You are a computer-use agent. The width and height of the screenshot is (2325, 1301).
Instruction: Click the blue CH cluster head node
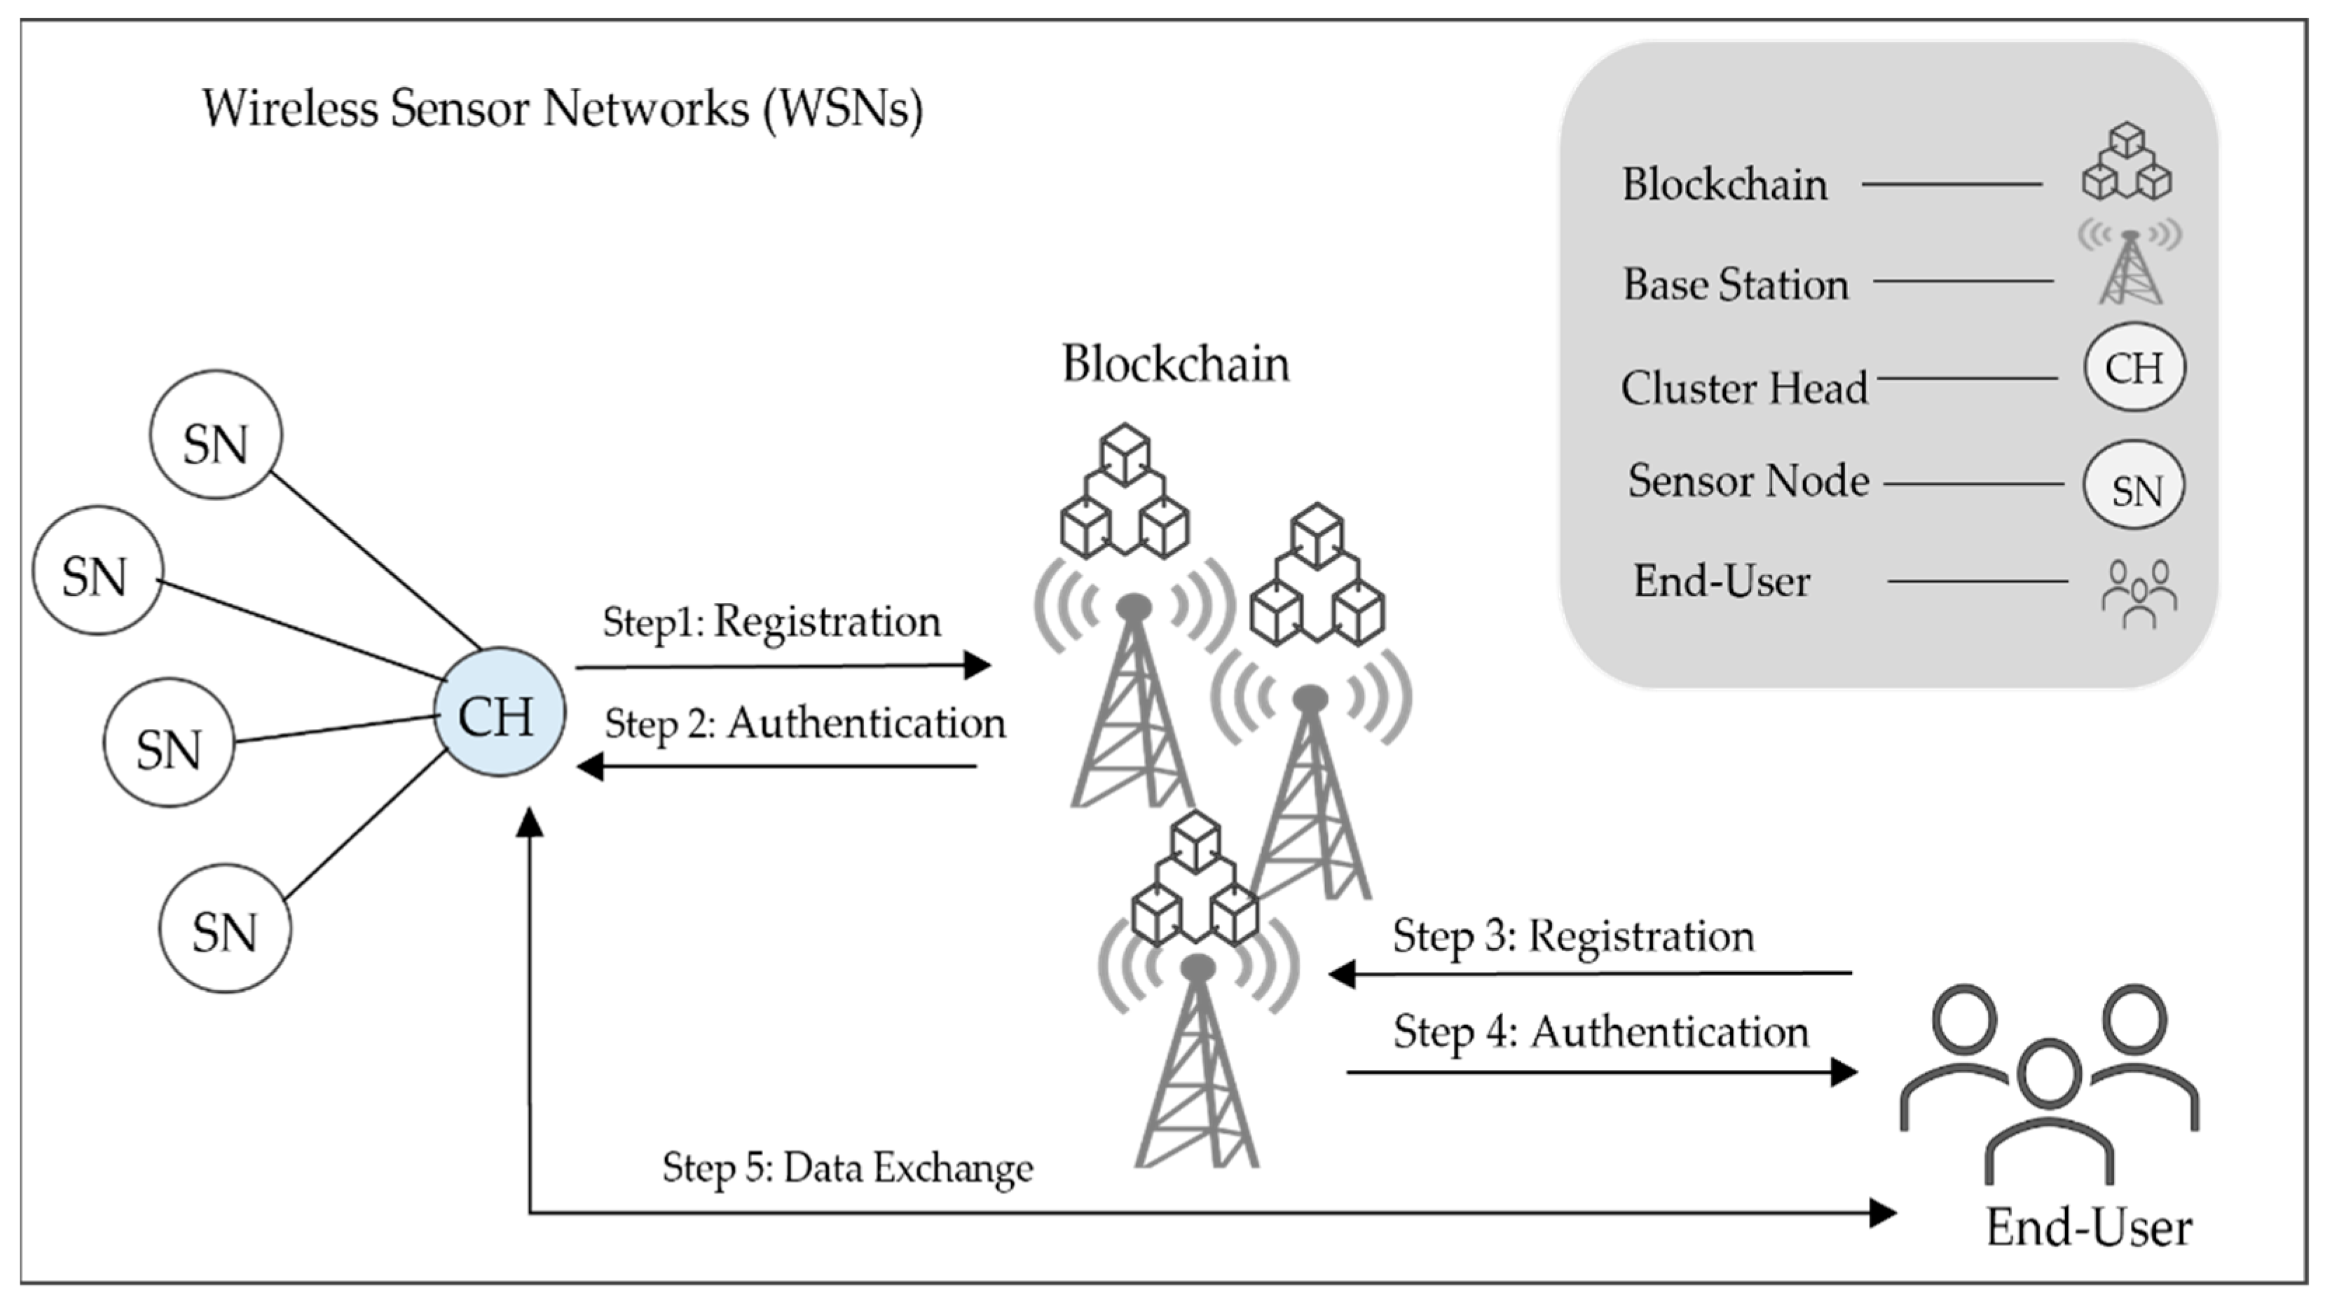tap(499, 713)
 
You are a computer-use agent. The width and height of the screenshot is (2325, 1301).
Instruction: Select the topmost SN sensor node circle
tap(216, 435)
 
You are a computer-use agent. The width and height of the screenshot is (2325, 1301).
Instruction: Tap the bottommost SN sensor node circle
tap(225, 929)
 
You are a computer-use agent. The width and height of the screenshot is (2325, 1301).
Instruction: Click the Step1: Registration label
tap(771, 622)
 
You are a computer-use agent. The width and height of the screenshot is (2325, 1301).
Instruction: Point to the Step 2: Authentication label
tap(804, 723)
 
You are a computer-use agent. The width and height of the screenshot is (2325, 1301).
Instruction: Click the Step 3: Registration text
tap(1573, 935)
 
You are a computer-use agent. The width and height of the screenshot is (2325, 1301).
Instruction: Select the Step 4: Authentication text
tap(1600, 1032)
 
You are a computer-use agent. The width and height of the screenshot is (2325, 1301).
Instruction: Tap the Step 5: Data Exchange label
tap(847, 1169)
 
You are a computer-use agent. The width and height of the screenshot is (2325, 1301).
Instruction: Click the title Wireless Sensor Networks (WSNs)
tap(562, 109)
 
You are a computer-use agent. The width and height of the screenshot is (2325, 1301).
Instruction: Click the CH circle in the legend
tap(2134, 367)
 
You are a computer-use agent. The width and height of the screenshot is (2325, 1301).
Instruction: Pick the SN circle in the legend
tap(2134, 485)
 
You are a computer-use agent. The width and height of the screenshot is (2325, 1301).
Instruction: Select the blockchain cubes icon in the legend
tap(2127, 162)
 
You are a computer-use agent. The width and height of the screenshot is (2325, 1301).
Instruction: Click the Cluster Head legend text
tap(1743, 389)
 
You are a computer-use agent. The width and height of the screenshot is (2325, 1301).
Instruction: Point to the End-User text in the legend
tap(1721, 581)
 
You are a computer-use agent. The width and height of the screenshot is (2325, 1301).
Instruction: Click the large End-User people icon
tap(2049, 1083)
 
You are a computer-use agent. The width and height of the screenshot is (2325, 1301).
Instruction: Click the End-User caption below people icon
tap(2089, 1228)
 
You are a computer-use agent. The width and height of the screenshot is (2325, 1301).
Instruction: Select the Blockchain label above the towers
tap(1175, 365)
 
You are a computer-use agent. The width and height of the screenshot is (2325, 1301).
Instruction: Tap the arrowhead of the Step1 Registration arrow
tap(978, 666)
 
